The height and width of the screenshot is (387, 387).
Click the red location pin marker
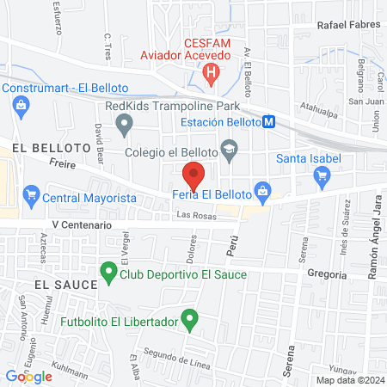tap(194, 175)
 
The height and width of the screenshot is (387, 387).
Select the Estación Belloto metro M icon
tap(270, 122)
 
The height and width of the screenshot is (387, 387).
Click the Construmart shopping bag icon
tap(20, 106)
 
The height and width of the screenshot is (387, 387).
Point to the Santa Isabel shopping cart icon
tap(323, 178)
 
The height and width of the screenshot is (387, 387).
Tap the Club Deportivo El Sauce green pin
tap(108, 274)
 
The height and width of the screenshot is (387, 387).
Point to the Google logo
tap(28, 376)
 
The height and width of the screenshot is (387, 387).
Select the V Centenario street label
tap(82, 224)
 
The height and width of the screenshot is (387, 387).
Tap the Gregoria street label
tap(327, 275)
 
